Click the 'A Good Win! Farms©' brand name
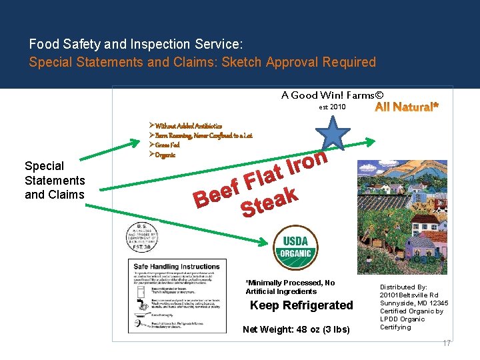pyautogui.click(x=332, y=95)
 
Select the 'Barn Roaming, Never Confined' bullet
pyautogui.click(x=203, y=135)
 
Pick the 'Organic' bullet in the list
pyautogui.click(x=165, y=155)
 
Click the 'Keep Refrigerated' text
pyautogui.click(x=301, y=305)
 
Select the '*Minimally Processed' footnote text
pyautogui.click(x=290, y=283)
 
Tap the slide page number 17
pyautogui.click(x=447, y=343)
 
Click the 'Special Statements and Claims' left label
pyautogui.click(x=55, y=180)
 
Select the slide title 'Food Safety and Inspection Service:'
pyautogui.click(x=136, y=45)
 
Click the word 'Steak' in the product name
pyautogui.click(x=269, y=202)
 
